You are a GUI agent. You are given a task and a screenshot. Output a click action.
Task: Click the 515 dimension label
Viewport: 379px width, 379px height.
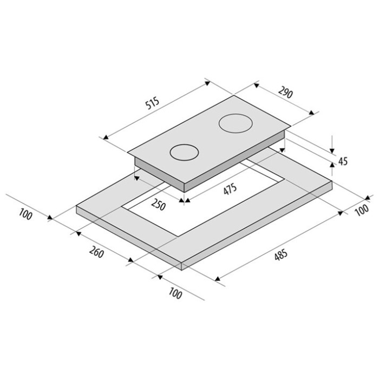tap(153, 103)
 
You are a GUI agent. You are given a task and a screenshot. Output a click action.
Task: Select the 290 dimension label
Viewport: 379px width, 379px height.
tap(285, 92)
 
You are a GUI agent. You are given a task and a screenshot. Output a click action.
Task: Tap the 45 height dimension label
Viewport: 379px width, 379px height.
tap(343, 161)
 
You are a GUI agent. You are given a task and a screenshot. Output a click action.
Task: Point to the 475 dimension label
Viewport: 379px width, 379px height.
tap(230, 189)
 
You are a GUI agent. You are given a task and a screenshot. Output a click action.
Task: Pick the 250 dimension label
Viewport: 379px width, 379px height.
tap(158, 205)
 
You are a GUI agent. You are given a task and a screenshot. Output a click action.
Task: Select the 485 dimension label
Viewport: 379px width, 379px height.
tap(281, 255)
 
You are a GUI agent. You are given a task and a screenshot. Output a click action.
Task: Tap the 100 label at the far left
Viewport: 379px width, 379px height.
tap(25, 214)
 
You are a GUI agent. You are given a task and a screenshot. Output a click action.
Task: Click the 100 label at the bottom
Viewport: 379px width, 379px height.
tap(175, 293)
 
